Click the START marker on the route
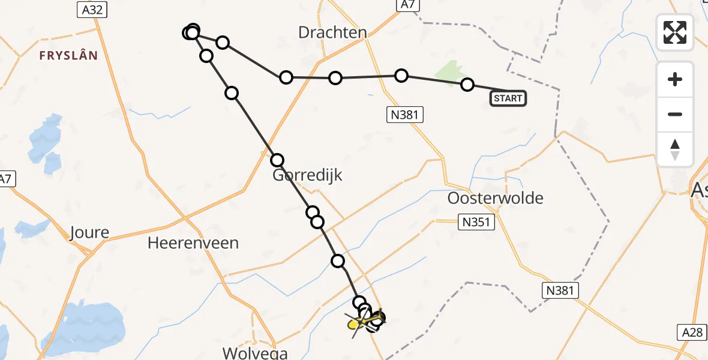click(508, 98)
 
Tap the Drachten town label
click(332, 32)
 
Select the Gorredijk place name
click(307, 175)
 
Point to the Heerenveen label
click(194, 243)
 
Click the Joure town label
click(89, 233)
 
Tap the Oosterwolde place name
click(496, 198)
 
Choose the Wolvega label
click(255, 353)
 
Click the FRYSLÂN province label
click(68, 56)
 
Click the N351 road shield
click(477, 223)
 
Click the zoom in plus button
click(675, 79)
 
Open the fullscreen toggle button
click(675, 32)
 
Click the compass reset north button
click(675, 149)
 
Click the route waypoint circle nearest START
click(467, 85)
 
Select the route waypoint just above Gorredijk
click(277, 160)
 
